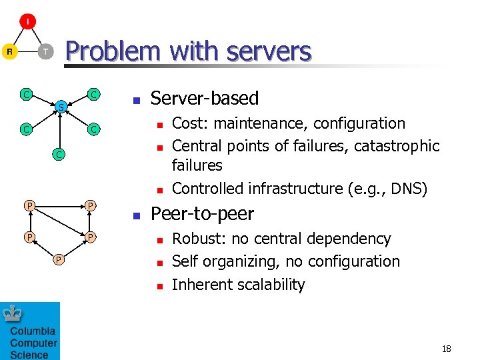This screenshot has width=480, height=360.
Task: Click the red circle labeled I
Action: coord(27,22)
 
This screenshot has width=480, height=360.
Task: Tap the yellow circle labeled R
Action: coord(9,52)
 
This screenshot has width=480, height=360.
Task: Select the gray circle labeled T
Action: coord(45,52)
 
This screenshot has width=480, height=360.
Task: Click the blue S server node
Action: coord(60,107)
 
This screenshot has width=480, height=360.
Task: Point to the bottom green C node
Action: coord(59,155)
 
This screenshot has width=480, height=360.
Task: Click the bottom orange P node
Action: coord(59,259)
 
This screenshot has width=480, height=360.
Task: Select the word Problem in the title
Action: coord(113,51)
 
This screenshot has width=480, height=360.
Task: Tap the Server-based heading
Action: coord(204,99)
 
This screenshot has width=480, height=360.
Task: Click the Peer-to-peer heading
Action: coord(202,214)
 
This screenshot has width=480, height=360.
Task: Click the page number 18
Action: coord(447,349)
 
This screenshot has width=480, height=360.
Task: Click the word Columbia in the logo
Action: coord(33,331)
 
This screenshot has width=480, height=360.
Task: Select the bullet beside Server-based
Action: coord(136,101)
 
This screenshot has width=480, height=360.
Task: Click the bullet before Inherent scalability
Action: coord(159,286)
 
